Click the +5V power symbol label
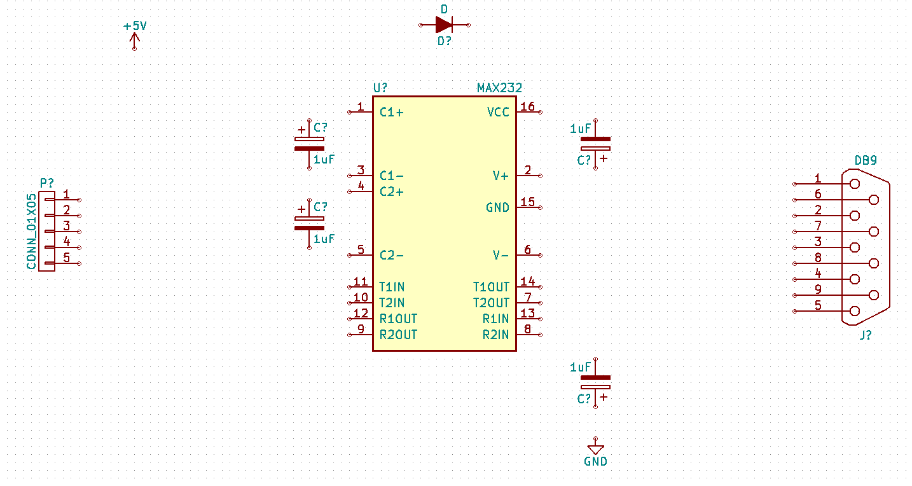(135, 26)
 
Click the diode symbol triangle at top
(443, 25)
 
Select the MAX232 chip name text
(499, 88)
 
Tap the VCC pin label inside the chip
(498, 113)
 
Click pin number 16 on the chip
(527, 106)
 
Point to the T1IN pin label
(392, 288)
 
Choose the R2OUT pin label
(398, 335)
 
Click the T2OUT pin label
(491, 303)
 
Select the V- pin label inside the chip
(501, 256)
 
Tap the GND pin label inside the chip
(497, 208)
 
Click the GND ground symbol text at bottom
(595, 462)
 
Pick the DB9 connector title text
(866, 160)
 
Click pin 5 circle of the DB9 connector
(854, 311)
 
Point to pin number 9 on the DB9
(818, 289)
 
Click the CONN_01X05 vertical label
(31, 232)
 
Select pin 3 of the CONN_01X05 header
(66, 226)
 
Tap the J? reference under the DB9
(866, 335)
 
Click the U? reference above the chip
(380, 88)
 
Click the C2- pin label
(391, 256)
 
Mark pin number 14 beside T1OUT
(527, 281)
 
